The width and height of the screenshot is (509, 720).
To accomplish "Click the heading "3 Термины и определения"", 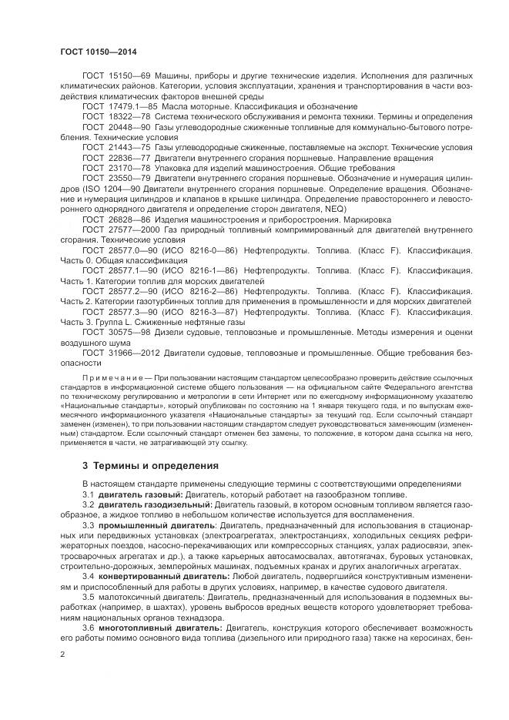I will (150, 466).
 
